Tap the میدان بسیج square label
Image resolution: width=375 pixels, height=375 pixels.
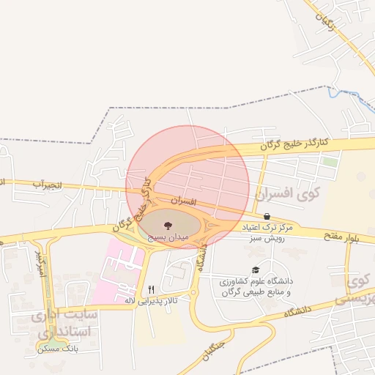(169, 238)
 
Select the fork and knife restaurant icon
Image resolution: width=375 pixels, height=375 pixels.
(152, 289)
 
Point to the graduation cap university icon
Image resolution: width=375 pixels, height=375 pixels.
(255, 270)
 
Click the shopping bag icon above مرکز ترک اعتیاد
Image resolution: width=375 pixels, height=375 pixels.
(267, 217)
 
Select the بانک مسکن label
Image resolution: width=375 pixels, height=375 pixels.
(59, 350)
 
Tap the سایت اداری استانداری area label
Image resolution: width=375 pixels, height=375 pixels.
(61, 323)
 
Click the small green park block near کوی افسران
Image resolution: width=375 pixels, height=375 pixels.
(330, 160)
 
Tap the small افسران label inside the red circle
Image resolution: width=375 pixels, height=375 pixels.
(185, 199)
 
